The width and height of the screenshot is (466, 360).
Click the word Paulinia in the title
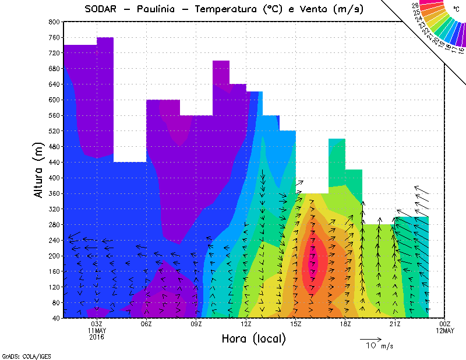157,9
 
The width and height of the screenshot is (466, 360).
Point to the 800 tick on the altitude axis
54,22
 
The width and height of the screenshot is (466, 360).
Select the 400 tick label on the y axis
54,178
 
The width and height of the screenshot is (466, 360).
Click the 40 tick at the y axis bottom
56,318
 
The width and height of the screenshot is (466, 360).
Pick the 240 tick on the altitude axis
54,240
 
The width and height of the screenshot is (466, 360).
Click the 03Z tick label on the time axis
97,324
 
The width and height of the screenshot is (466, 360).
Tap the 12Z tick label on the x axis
246,324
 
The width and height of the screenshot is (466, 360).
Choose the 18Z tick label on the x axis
345,324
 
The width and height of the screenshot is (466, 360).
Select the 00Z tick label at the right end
445,324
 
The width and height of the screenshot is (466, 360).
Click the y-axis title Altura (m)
39,169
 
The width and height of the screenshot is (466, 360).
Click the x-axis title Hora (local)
253,338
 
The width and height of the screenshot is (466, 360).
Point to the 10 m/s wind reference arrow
370,338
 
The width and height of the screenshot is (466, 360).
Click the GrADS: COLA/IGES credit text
20,355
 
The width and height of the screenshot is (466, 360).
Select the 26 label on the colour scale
415,5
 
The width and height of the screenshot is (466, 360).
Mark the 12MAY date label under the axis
445,330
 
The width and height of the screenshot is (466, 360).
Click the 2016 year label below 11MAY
97,336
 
